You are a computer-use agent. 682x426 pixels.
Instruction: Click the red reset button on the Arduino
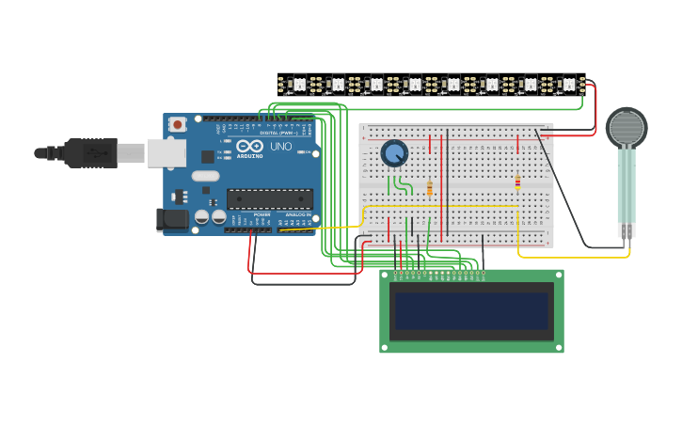coord(177,124)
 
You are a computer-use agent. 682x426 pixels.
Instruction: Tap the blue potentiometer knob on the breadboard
coord(394,153)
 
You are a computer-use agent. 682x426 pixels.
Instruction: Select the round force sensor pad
coord(626,128)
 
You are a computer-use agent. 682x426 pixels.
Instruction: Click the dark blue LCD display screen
coord(471,311)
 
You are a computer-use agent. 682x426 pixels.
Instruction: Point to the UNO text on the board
coord(281,147)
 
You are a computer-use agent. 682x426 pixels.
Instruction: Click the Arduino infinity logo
coord(249,146)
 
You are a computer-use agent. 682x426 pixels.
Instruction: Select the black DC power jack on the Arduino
coord(170,220)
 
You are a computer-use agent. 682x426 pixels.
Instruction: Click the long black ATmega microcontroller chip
coord(270,198)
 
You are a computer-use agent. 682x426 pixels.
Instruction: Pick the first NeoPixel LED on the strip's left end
coord(300,85)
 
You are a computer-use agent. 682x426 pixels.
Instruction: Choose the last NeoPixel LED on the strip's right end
coord(567,85)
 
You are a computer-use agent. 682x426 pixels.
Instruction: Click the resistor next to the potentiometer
coord(430,188)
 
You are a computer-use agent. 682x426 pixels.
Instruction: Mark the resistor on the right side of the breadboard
coord(517,182)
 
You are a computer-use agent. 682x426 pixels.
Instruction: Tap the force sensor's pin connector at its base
coord(626,229)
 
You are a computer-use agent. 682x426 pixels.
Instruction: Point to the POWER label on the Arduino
coord(262,214)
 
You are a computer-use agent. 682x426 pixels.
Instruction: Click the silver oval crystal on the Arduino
coord(205,176)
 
